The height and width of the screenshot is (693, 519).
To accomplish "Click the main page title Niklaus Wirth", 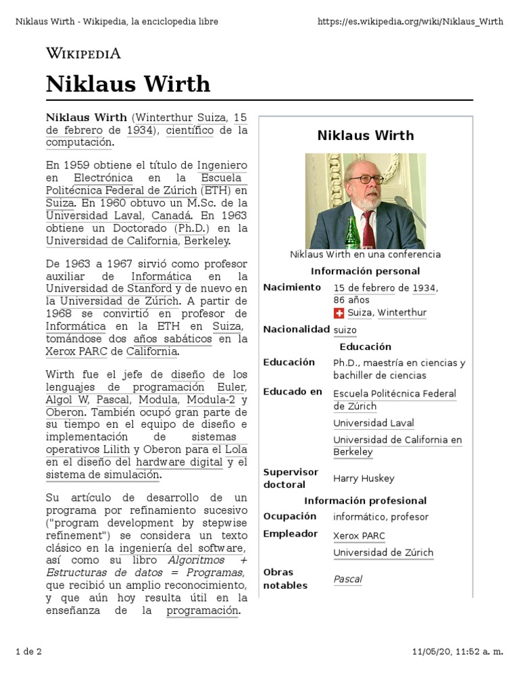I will pyautogui.click(x=128, y=84).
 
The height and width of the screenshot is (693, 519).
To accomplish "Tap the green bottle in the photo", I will pyautogui.click(x=351, y=233).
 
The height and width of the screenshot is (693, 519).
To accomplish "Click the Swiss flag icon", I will pyautogui.click(x=339, y=313).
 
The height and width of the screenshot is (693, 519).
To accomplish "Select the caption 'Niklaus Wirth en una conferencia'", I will pyautogui.click(x=365, y=254).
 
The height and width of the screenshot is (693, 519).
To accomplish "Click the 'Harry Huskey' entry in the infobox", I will pyautogui.click(x=364, y=478).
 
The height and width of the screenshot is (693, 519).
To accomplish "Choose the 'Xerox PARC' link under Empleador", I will pyautogui.click(x=359, y=535).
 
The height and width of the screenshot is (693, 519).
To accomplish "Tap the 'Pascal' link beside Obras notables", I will pyautogui.click(x=348, y=579).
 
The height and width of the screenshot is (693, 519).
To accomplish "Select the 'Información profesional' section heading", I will pyautogui.click(x=365, y=501).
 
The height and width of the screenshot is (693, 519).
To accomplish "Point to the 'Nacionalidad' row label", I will pyautogui.click(x=295, y=330).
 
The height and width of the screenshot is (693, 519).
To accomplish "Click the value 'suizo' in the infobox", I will pyautogui.click(x=345, y=330).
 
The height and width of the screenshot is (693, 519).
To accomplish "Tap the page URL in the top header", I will pyautogui.click(x=410, y=21).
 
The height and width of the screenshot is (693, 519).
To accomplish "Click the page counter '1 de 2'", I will pyautogui.click(x=28, y=652).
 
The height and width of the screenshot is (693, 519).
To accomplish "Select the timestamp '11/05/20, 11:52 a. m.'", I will pyautogui.click(x=458, y=652).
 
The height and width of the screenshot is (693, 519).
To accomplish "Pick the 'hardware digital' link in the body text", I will pyautogui.click(x=179, y=462).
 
